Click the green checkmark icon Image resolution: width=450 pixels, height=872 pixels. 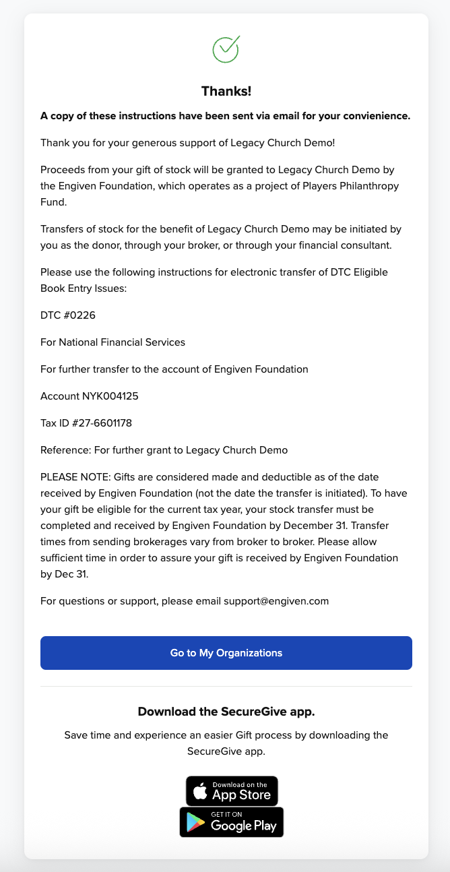(226, 49)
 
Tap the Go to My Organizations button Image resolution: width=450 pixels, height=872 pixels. (226, 653)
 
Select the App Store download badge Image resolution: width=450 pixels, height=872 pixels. (232, 791)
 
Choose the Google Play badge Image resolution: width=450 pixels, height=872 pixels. (232, 822)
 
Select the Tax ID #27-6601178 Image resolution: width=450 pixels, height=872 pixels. (102, 423)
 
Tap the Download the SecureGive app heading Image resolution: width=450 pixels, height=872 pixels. (226, 712)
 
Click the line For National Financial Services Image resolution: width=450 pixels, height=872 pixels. (112, 342)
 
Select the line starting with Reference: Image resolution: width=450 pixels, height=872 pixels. (164, 450)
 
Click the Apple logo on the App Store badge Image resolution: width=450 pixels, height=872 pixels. (200, 791)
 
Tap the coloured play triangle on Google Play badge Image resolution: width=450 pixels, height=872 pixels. (196, 823)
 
